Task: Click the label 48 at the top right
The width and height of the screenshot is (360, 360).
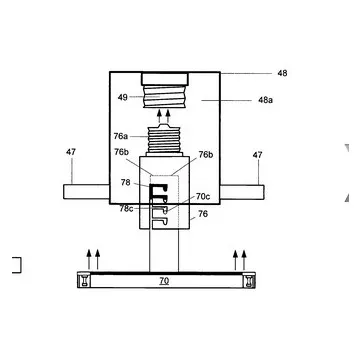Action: (282, 73)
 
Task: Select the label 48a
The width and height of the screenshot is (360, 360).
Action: (265, 100)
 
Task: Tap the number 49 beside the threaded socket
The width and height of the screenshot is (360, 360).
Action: (123, 97)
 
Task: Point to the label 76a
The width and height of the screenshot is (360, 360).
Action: (121, 136)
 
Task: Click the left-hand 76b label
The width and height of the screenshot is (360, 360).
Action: (121, 152)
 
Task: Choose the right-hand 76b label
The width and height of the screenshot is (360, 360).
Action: (206, 155)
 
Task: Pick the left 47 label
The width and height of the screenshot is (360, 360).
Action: (71, 152)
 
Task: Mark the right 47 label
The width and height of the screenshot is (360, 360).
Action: (257, 155)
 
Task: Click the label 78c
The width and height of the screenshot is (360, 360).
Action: (126, 209)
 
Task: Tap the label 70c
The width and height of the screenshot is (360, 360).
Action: (203, 197)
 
